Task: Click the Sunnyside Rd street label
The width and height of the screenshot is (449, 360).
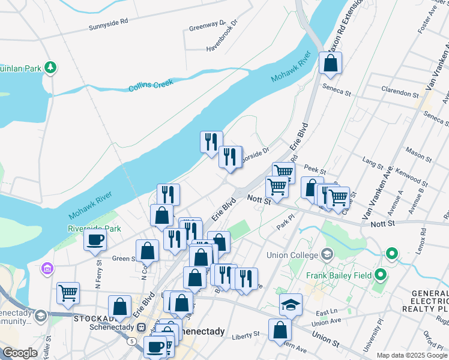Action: pos(109,23)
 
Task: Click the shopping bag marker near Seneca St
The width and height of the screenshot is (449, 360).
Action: pos(331,62)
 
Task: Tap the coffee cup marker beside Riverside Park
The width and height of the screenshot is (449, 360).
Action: pos(95,241)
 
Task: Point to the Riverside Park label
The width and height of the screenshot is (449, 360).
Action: pos(95,229)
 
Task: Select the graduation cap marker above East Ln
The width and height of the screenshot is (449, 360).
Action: pos(291,304)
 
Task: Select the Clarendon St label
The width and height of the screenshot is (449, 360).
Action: pos(400,94)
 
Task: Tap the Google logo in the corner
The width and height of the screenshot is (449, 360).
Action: pos(20,353)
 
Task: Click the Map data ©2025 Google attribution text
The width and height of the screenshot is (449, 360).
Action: pos(411,355)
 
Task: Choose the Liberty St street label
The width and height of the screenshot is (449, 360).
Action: pos(247,334)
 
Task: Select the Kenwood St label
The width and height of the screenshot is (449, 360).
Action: pos(412,178)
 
